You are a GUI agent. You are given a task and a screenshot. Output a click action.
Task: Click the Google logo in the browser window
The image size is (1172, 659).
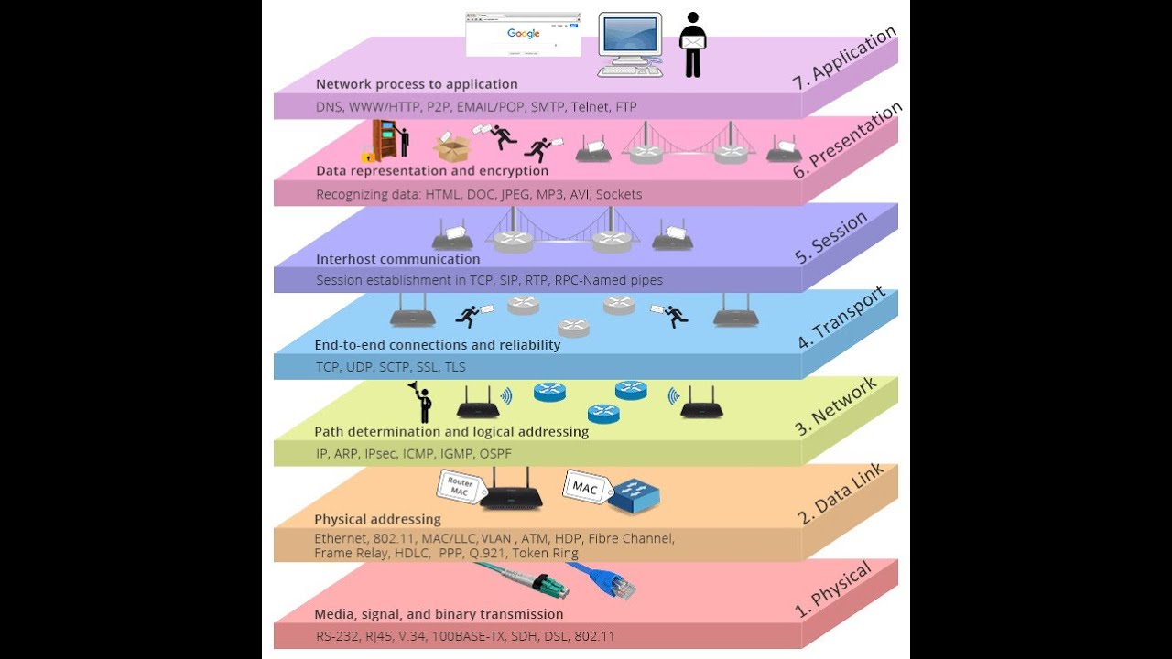[x=523, y=34]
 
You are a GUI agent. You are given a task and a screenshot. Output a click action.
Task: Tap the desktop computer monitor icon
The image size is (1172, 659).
[x=631, y=45]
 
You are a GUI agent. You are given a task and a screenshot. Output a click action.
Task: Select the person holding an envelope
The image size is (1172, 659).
[x=693, y=45]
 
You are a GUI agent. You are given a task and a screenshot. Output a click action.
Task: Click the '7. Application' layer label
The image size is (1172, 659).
[x=844, y=58]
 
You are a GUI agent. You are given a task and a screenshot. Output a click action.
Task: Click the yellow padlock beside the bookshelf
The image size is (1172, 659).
[x=368, y=155]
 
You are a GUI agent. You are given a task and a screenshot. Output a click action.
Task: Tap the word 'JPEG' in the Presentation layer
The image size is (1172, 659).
[x=515, y=195]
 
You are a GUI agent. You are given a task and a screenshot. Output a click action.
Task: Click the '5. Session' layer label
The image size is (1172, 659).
[x=830, y=237]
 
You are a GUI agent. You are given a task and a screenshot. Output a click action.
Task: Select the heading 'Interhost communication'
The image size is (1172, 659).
[x=397, y=259]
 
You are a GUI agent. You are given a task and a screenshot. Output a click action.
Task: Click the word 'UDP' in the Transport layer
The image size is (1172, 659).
[x=359, y=367]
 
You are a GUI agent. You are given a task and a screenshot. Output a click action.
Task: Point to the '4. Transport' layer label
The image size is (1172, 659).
[x=841, y=318]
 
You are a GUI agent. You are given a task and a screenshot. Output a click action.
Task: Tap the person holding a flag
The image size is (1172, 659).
[x=422, y=402]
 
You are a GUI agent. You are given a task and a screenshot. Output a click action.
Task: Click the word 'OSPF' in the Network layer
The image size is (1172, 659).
[x=495, y=454]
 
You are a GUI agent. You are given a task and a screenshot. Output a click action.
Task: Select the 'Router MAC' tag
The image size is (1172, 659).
[x=461, y=487]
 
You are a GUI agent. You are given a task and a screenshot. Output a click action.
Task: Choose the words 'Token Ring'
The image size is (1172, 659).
[x=545, y=554]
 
